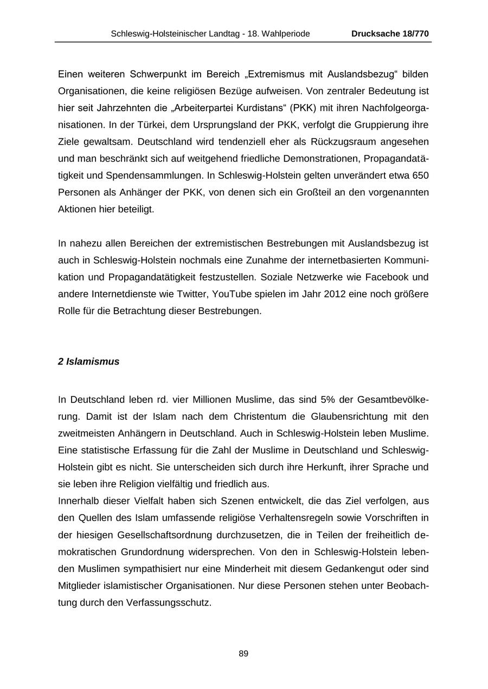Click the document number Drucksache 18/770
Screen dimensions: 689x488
click(x=390, y=34)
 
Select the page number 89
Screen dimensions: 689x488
click(x=243, y=654)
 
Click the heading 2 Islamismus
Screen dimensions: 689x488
click(x=88, y=361)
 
